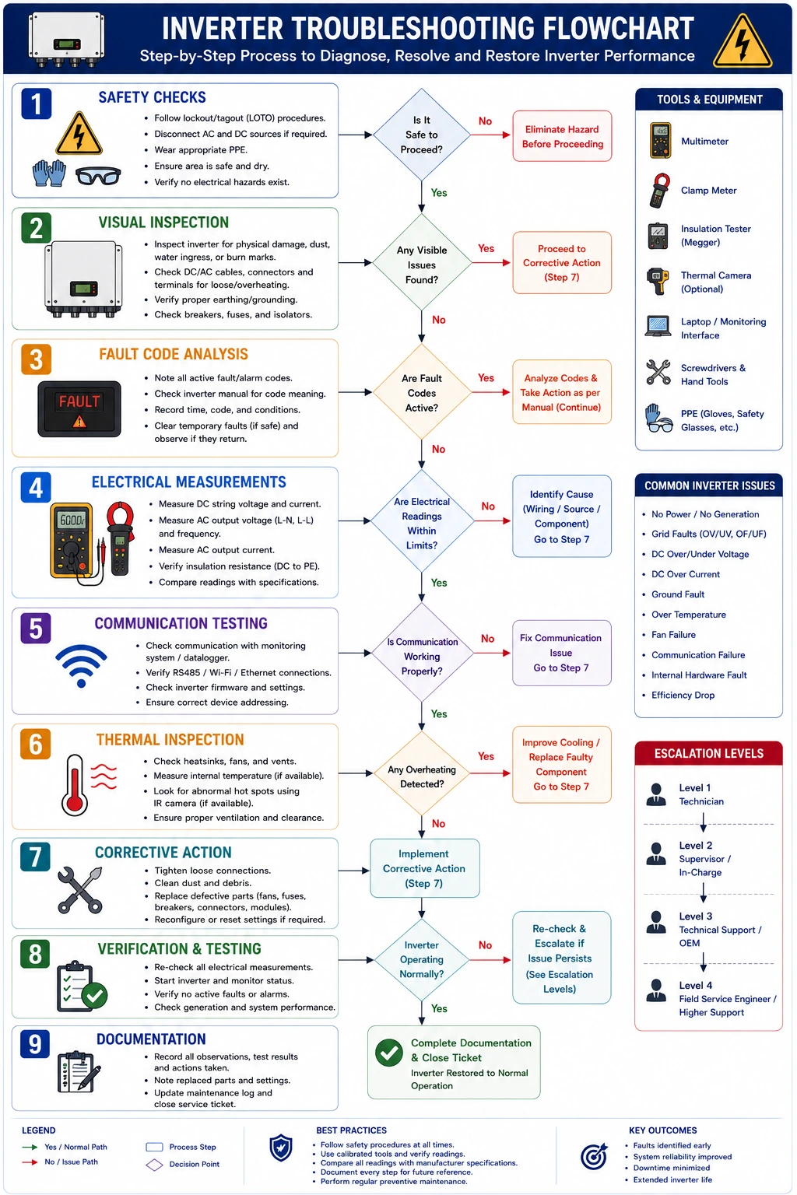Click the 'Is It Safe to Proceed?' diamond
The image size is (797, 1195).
(421, 135)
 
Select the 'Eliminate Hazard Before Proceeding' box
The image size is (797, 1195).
(562, 136)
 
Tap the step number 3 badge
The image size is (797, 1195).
(36, 359)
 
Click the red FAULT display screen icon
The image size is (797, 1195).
(79, 408)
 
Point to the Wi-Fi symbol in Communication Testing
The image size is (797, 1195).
(81, 666)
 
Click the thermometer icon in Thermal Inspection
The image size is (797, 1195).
(74, 785)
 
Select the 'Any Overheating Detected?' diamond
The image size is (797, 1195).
(422, 773)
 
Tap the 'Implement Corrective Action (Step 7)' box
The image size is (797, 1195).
(424, 868)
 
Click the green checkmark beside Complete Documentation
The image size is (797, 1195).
(388, 1052)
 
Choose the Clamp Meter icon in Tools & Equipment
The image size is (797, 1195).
(660, 190)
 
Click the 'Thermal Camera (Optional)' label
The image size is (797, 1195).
(715, 282)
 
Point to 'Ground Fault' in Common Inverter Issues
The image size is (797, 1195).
(677, 594)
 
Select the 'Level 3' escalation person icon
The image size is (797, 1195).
(655, 922)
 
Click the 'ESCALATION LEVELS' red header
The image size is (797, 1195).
(708, 753)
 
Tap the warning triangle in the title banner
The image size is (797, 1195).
(742, 41)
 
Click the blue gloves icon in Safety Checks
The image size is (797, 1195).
(49, 173)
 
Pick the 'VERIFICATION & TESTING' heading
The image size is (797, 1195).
(179, 948)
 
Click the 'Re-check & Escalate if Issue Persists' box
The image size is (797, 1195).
(562, 958)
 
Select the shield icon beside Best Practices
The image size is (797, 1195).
(281, 1148)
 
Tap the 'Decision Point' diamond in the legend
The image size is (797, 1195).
(154, 1165)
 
